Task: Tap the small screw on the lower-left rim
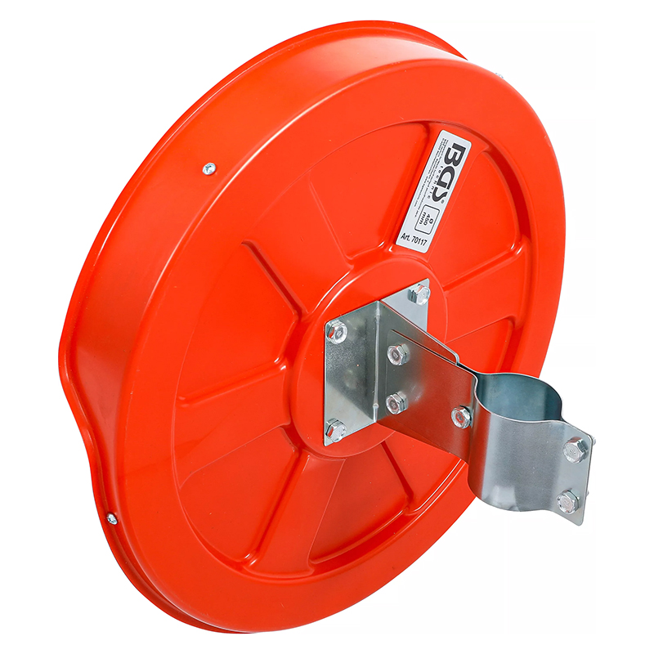pyautogui.click(x=111, y=518)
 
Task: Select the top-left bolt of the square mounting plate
pyautogui.click(x=337, y=331)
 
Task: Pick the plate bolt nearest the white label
pyautogui.click(x=422, y=293)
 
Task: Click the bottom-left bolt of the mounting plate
pyautogui.click(x=336, y=428)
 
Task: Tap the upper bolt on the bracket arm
pyautogui.click(x=398, y=354)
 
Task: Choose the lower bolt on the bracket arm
pyautogui.click(x=396, y=401)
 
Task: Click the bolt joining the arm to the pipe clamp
pyautogui.click(x=462, y=417)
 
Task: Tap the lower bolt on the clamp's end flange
pyautogui.click(x=567, y=501)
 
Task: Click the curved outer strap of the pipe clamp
pyautogui.click(x=523, y=458)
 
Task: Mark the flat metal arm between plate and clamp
pyautogui.click(x=425, y=384)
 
